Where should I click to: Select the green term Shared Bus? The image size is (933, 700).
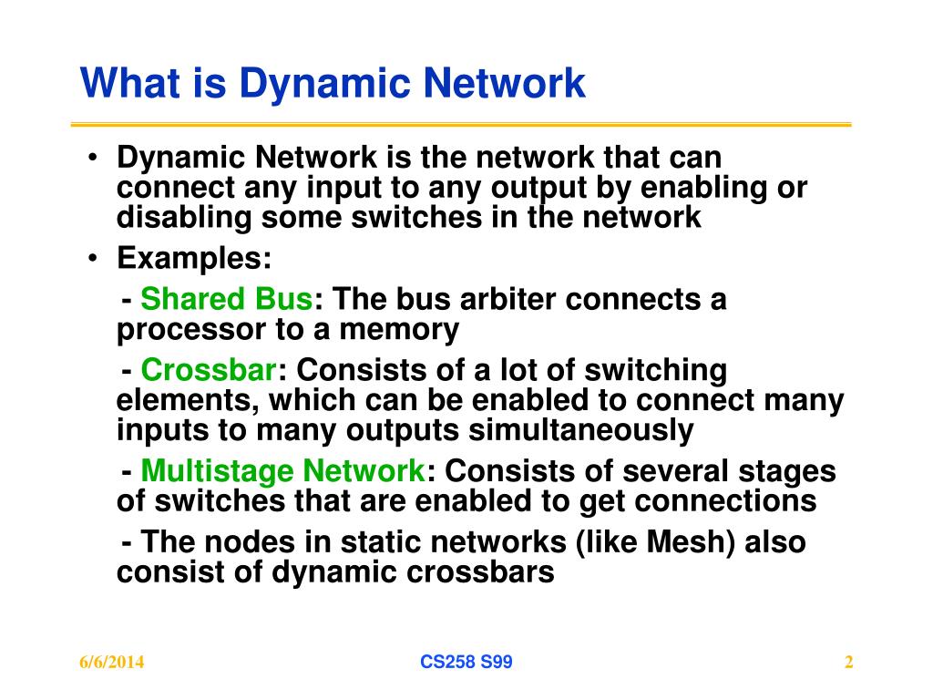coord(227,299)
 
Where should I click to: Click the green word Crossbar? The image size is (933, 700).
coord(209,370)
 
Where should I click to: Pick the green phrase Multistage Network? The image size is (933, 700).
coord(282,471)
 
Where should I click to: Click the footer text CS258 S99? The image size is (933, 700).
coord(466,663)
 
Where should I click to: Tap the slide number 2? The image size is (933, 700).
coord(848,663)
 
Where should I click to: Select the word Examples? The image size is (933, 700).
coord(194,259)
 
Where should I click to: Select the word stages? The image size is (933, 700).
coord(792,471)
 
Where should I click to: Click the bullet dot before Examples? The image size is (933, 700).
coord(95,259)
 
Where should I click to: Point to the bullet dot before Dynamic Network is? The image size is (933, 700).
coord(95,158)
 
